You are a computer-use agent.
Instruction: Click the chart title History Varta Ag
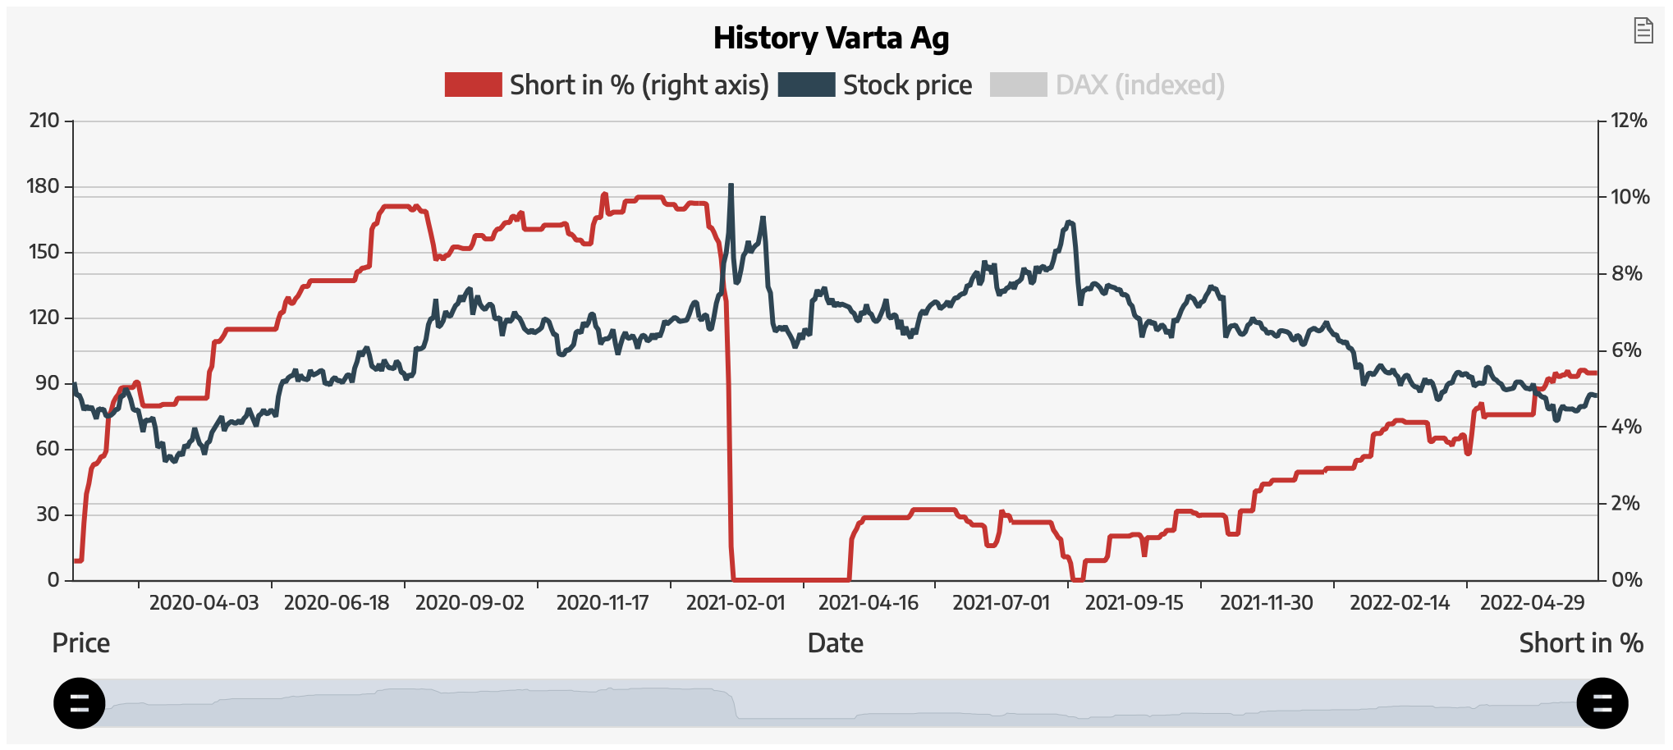point(831,38)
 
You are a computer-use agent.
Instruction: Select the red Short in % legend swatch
point(473,85)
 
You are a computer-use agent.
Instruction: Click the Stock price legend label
point(907,85)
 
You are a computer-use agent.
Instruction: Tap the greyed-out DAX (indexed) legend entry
point(1139,85)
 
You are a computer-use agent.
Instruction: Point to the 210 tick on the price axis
point(44,121)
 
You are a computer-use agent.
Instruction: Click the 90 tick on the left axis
point(48,383)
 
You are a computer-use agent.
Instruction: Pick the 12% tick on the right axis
point(1629,121)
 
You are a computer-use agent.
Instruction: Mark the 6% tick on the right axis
point(1625,350)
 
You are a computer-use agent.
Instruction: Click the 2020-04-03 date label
point(204,603)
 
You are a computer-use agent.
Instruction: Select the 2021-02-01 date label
point(736,603)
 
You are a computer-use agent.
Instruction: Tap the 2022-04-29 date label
point(1532,603)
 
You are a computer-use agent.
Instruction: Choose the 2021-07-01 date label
point(1001,603)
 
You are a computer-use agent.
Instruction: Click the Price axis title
point(80,643)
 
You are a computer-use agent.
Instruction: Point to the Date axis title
point(835,643)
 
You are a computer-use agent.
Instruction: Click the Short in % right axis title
point(1580,643)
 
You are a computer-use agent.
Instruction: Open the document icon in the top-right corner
point(1643,30)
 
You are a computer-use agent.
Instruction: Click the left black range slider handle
point(80,703)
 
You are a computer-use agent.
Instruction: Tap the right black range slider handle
point(1602,703)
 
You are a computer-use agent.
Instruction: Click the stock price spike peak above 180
point(731,185)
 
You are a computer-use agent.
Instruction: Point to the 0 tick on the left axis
point(53,580)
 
